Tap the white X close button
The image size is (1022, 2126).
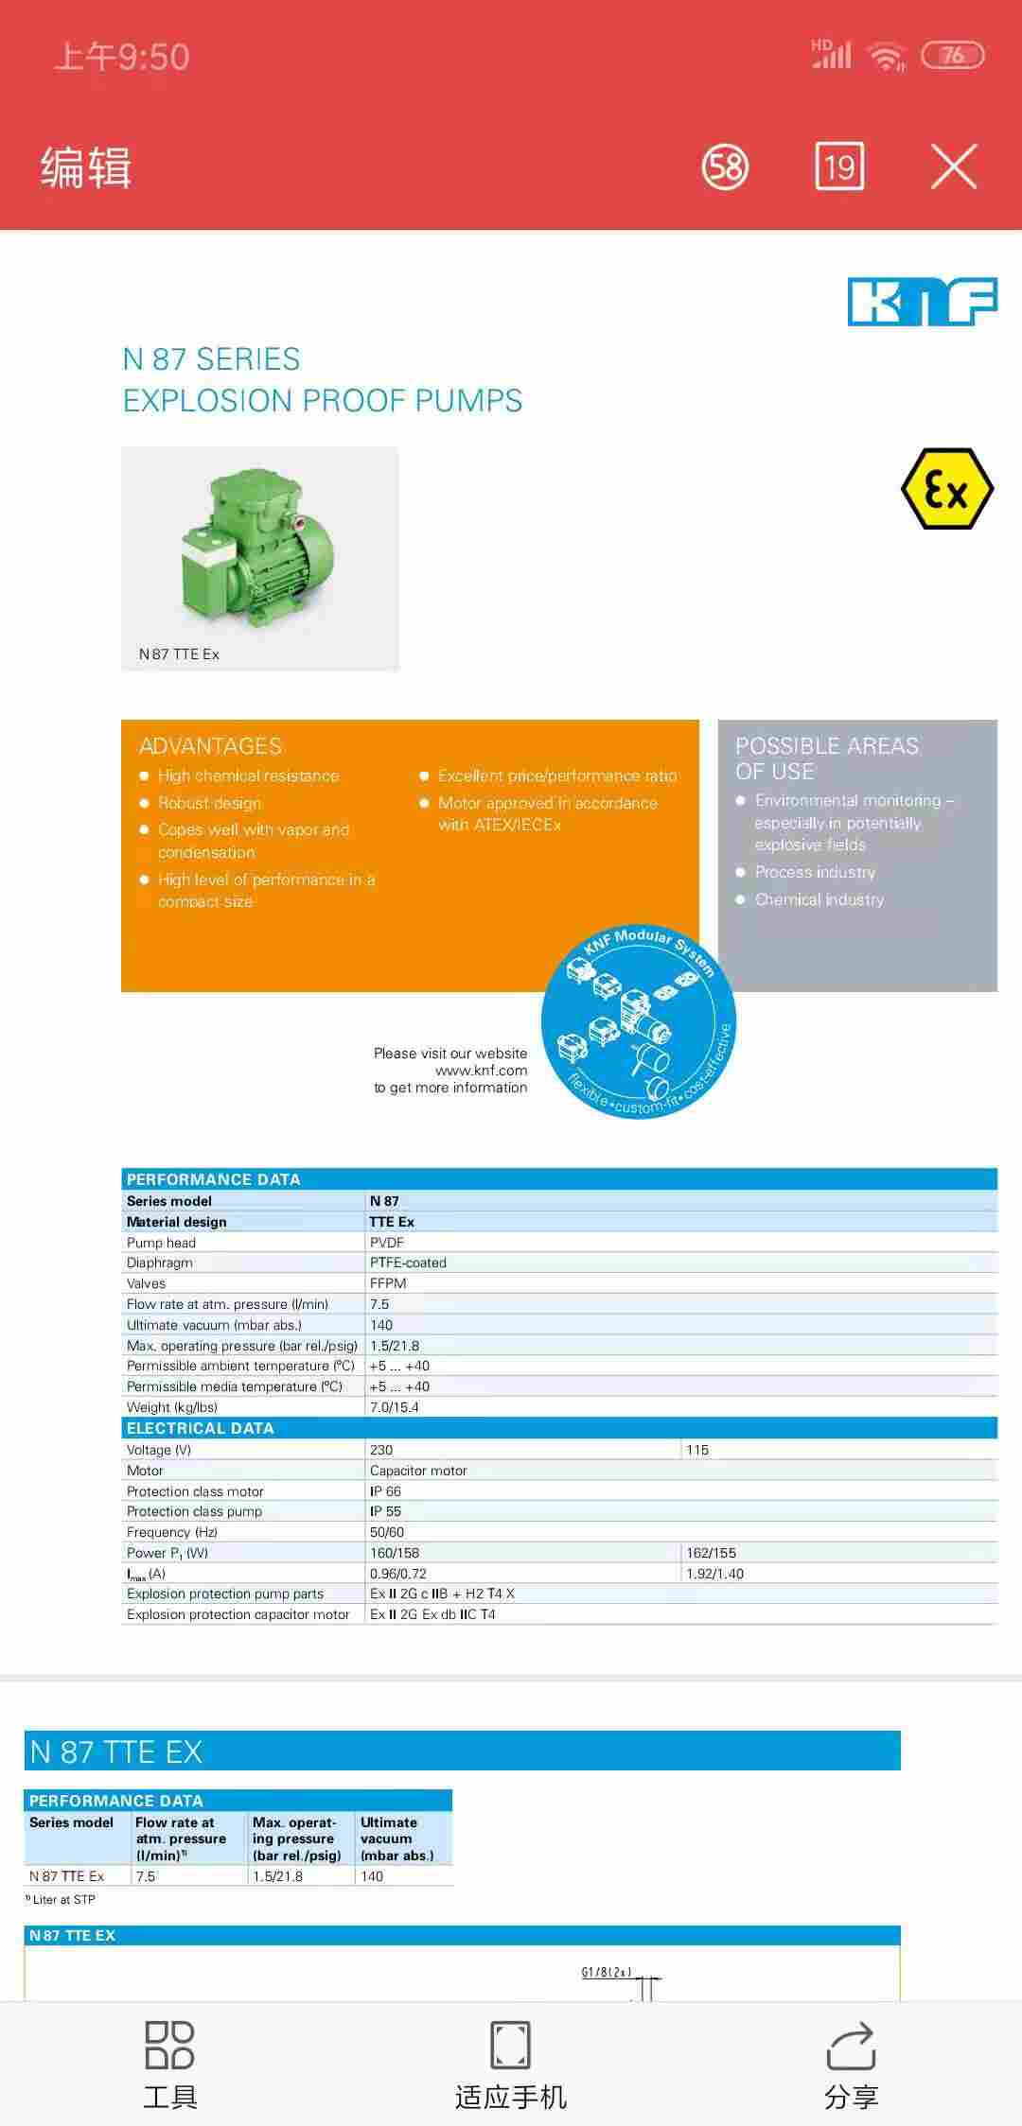tap(953, 167)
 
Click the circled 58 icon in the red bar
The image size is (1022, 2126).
tap(725, 167)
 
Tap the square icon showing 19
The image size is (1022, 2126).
tap(839, 167)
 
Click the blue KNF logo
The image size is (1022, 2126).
tap(922, 302)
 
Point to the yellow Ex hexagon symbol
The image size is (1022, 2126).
tap(946, 489)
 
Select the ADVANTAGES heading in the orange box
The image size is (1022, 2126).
tap(210, 746)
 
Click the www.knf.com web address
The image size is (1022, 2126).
tap(481, 1071)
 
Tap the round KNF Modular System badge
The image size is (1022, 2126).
tap(639, 1021)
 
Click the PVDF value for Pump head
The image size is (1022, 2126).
tap(387, 1243)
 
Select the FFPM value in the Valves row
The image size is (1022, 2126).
tap(388, 1283)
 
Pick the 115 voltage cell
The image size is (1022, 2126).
tap(697, 1450)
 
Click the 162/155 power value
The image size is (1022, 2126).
tap(711, 1553)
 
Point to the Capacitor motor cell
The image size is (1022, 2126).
tap(418, 1471)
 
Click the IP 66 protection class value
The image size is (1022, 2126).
tap(385, 1491)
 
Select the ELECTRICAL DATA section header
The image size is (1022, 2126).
tap(201, 1428)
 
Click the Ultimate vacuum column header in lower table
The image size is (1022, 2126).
tap(397, 1838)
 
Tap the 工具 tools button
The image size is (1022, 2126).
tap(170, 2065)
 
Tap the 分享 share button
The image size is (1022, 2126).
tap(851, 2065)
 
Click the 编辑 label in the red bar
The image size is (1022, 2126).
tap(85, 168)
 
